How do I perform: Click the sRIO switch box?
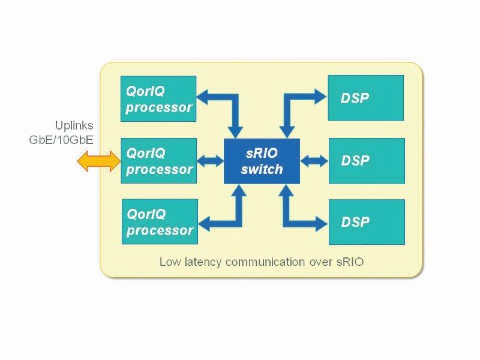pos(262,161)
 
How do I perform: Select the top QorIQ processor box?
pos(158,99)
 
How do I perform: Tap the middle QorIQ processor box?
pos(158,161)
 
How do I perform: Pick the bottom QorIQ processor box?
pos(159,221)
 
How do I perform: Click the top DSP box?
pos(366,98)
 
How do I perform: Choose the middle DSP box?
pos(366,161)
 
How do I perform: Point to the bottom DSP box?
pos(366,222)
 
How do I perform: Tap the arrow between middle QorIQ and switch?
pos(210,161)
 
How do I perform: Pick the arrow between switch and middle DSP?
pos(314,161)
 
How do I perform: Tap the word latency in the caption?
pos(197,262)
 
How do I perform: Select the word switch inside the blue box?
pos(262,169)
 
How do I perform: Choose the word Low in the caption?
pos(169,262)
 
